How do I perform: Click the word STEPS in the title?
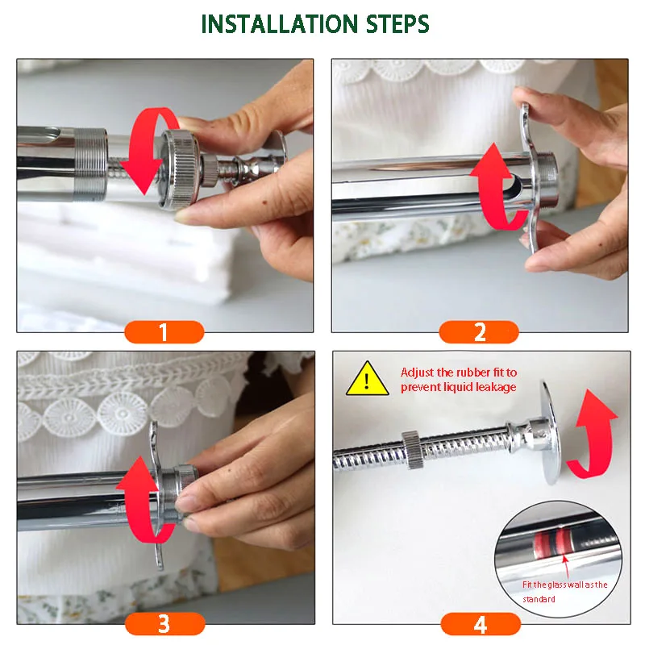(397, 24)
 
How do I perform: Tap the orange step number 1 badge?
(164, 332)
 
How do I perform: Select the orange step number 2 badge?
(479, 332)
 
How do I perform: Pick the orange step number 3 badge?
(164, 623)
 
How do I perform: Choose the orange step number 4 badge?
(481, 624)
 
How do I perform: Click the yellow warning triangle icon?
(368, 379)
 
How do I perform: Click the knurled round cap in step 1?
(180, 169)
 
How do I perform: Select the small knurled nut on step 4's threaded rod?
(410, 450)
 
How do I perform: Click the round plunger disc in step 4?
(551, 433)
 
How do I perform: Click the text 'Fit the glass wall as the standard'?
(564, 592)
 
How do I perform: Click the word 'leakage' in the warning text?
(496, 388)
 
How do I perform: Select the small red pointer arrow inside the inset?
(567, 566)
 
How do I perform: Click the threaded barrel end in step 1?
(89, 164)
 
